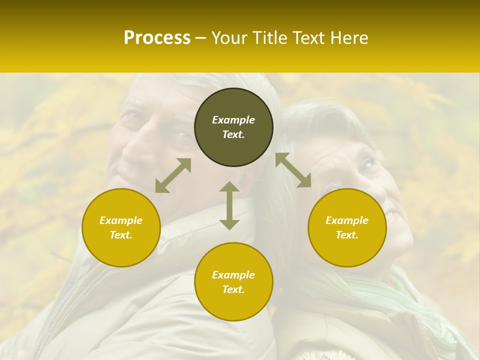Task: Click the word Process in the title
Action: [x=157, y=38]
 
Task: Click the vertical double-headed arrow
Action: [x=229, y=205]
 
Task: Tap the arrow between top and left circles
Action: [x=173, y=175]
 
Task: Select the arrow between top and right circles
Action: [x=293, y=170]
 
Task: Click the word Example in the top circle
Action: [x=233, y=120]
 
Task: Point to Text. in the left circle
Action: [x=121, y=235]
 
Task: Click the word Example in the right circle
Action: [x=347, y=220]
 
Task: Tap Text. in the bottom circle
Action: [x=233, y=289]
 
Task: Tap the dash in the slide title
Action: [x=201, y=38]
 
